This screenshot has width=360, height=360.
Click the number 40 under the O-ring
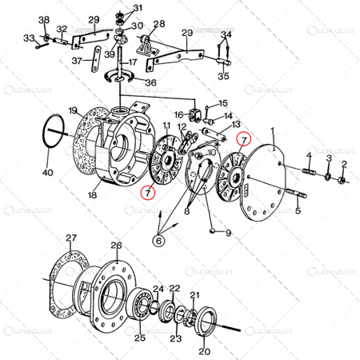[47, 173]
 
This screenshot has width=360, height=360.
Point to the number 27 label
[71, 238]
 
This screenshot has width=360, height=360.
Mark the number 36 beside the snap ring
[151, 82]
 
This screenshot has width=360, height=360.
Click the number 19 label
[72, 110]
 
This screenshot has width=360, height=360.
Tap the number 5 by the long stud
[298, 211]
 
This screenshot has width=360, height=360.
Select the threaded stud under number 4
[309, 170]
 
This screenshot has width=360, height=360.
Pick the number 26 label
[117, 246]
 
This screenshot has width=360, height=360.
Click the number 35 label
[223, 76]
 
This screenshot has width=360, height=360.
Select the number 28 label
[158, 25]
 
